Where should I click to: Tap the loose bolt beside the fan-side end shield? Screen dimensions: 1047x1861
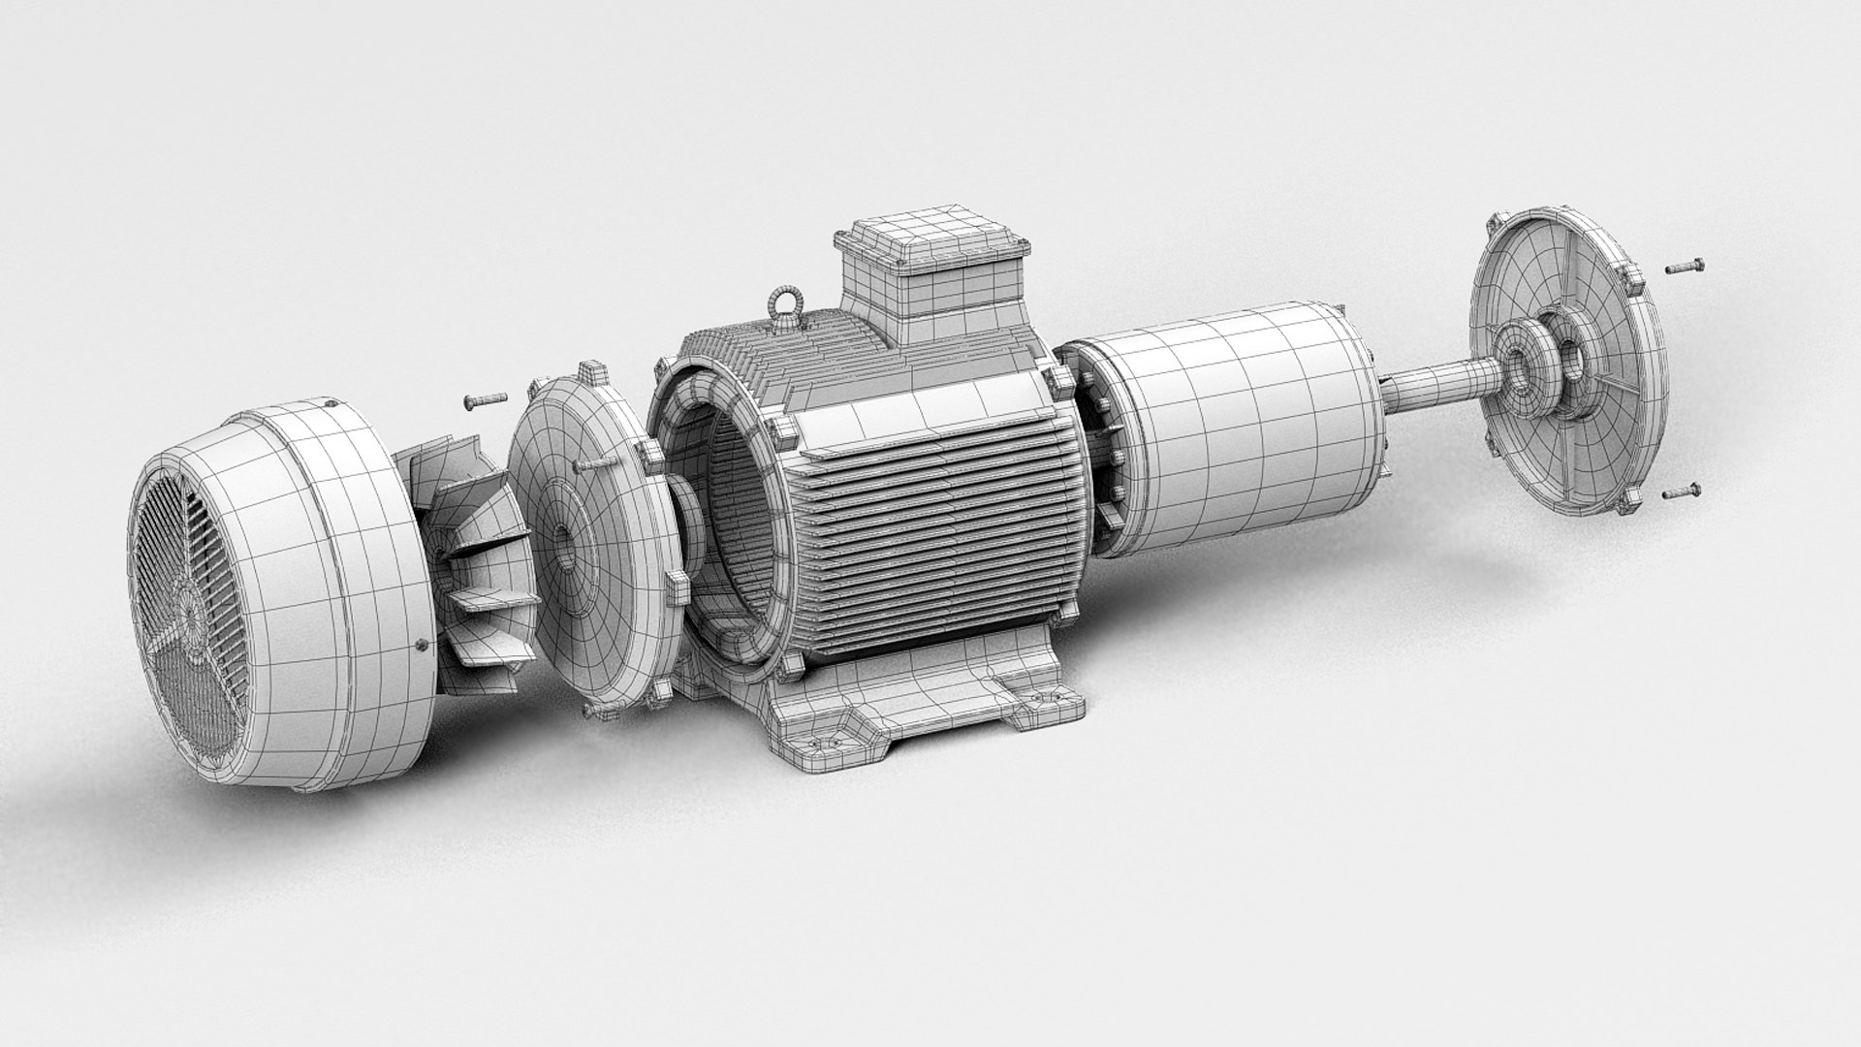484,398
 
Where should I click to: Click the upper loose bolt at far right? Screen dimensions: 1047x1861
1684,267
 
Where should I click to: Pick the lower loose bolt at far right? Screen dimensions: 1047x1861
1682,492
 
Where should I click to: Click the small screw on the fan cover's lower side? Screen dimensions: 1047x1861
419,642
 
